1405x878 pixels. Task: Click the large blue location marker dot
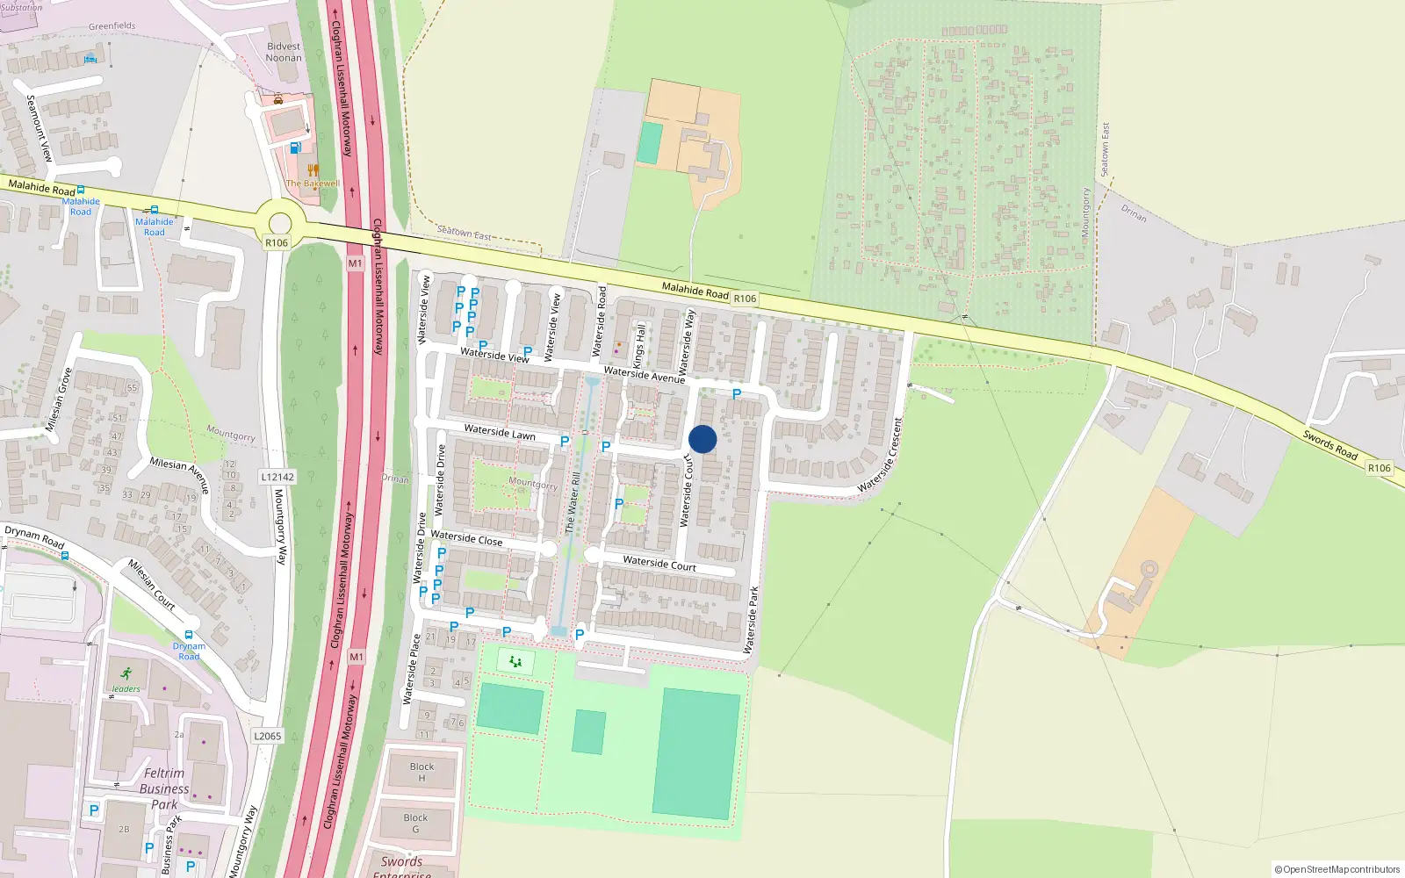702,439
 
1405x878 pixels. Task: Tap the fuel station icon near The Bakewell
296,148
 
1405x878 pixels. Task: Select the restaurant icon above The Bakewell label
313,169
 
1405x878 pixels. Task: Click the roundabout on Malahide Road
279,223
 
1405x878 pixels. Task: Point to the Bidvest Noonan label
284,52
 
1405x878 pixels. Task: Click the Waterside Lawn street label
500,432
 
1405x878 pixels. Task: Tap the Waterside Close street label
466,538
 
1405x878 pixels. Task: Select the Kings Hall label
639,346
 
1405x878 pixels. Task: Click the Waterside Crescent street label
880,455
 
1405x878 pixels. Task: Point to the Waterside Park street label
751,620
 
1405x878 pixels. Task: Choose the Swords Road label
1329,444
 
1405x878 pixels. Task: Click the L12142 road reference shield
277,477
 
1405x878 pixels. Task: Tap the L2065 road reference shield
267,736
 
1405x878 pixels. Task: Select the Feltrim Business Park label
164,788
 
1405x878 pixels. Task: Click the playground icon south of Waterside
515,661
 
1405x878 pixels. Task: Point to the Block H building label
421,772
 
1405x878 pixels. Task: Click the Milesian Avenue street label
179,474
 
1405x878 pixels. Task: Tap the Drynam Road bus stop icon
189,635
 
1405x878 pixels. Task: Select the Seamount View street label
40,128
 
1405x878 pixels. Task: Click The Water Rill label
573,503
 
